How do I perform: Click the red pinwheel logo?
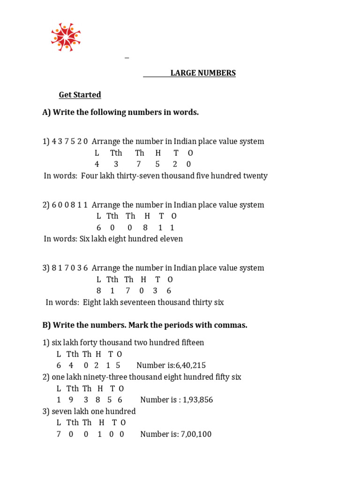tap(66, 37)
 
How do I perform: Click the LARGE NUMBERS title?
tap(203, 73)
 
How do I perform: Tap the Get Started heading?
tap(80, 95)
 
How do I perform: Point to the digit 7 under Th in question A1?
tap(139, 164)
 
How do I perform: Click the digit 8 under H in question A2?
tap(145, 227)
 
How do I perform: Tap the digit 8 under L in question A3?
tap(99, 291)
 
